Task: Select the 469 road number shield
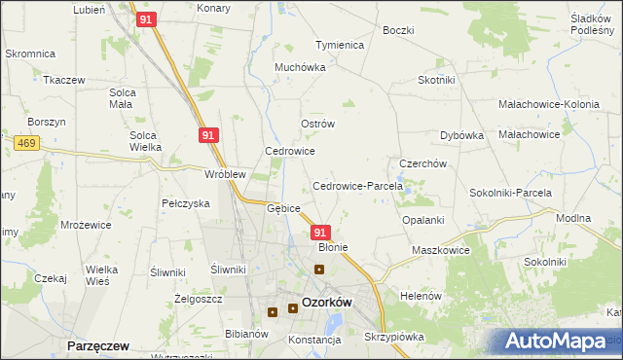point(26,142)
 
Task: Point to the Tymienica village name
point(340,45)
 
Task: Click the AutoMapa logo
point(555,342)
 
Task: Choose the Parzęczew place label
point(99,345)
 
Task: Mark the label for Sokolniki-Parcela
point(517,193)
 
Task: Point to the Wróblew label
point(224,175)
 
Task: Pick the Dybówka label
point(462,135)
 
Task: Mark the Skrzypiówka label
point(394,337)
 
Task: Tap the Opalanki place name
point(423,220)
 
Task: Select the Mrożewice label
point(85,224)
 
